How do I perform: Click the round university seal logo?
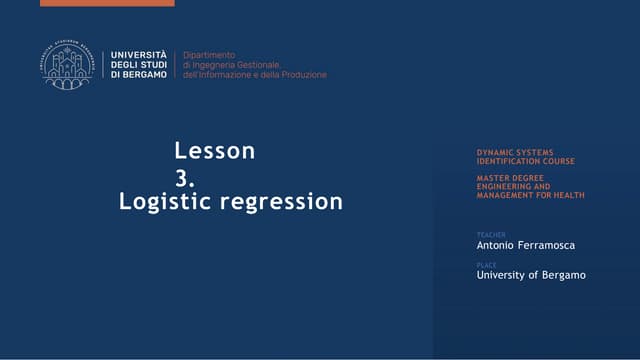[67, 64]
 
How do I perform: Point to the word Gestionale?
[258, 64]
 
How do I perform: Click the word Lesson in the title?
[215, 151]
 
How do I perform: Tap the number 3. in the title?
[184, 177]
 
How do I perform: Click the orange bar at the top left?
[107, 3]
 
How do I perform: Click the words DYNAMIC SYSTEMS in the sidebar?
[515, 153]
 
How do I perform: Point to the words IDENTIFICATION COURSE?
[526, 161]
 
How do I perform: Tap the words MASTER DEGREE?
[510, 178]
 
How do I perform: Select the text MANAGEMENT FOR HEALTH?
[531, 195]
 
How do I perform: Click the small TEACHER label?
[491, 235]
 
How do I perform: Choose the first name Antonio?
[498, 245]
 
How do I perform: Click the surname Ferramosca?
[552, 245]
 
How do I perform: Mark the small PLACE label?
[487, 265]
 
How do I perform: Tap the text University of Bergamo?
[531, 275]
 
